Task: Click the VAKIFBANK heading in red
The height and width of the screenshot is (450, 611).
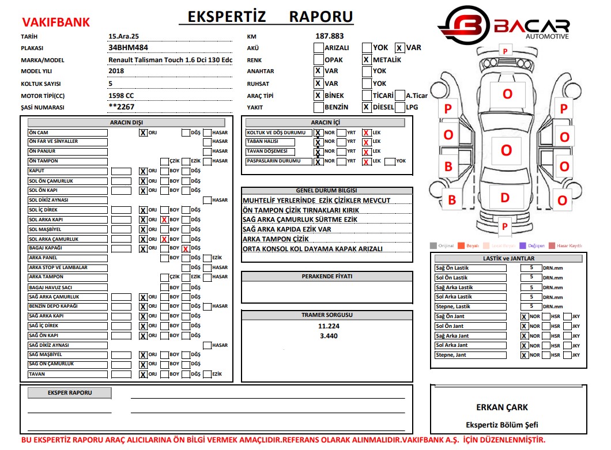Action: click(56, 22)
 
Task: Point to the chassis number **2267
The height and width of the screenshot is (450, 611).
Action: click(122, 107)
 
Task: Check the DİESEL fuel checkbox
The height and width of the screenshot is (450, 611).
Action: click(366, 107)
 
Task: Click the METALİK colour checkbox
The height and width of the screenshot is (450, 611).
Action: click(366, 59)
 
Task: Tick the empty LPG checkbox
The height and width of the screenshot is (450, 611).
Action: click(401, 107)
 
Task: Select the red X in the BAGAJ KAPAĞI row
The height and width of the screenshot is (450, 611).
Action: click(186, 249)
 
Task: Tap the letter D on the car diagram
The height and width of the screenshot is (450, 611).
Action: click(505, 198)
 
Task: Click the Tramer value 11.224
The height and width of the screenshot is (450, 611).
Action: click(328, 326)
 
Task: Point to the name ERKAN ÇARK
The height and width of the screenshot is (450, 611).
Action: click(501, 407)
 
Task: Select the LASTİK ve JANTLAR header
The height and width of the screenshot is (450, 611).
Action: click(508, 259)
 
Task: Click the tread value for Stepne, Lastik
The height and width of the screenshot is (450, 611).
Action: click(531, 307)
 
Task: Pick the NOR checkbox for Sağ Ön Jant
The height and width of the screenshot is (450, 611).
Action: click(524, 317)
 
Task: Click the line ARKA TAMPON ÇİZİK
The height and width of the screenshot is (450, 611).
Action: click(276, 239)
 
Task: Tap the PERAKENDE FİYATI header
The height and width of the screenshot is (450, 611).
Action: click(327, 277)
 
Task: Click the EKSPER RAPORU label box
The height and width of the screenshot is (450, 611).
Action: click(70, 393)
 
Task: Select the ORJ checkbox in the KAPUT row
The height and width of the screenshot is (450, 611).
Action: click(142, 171)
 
